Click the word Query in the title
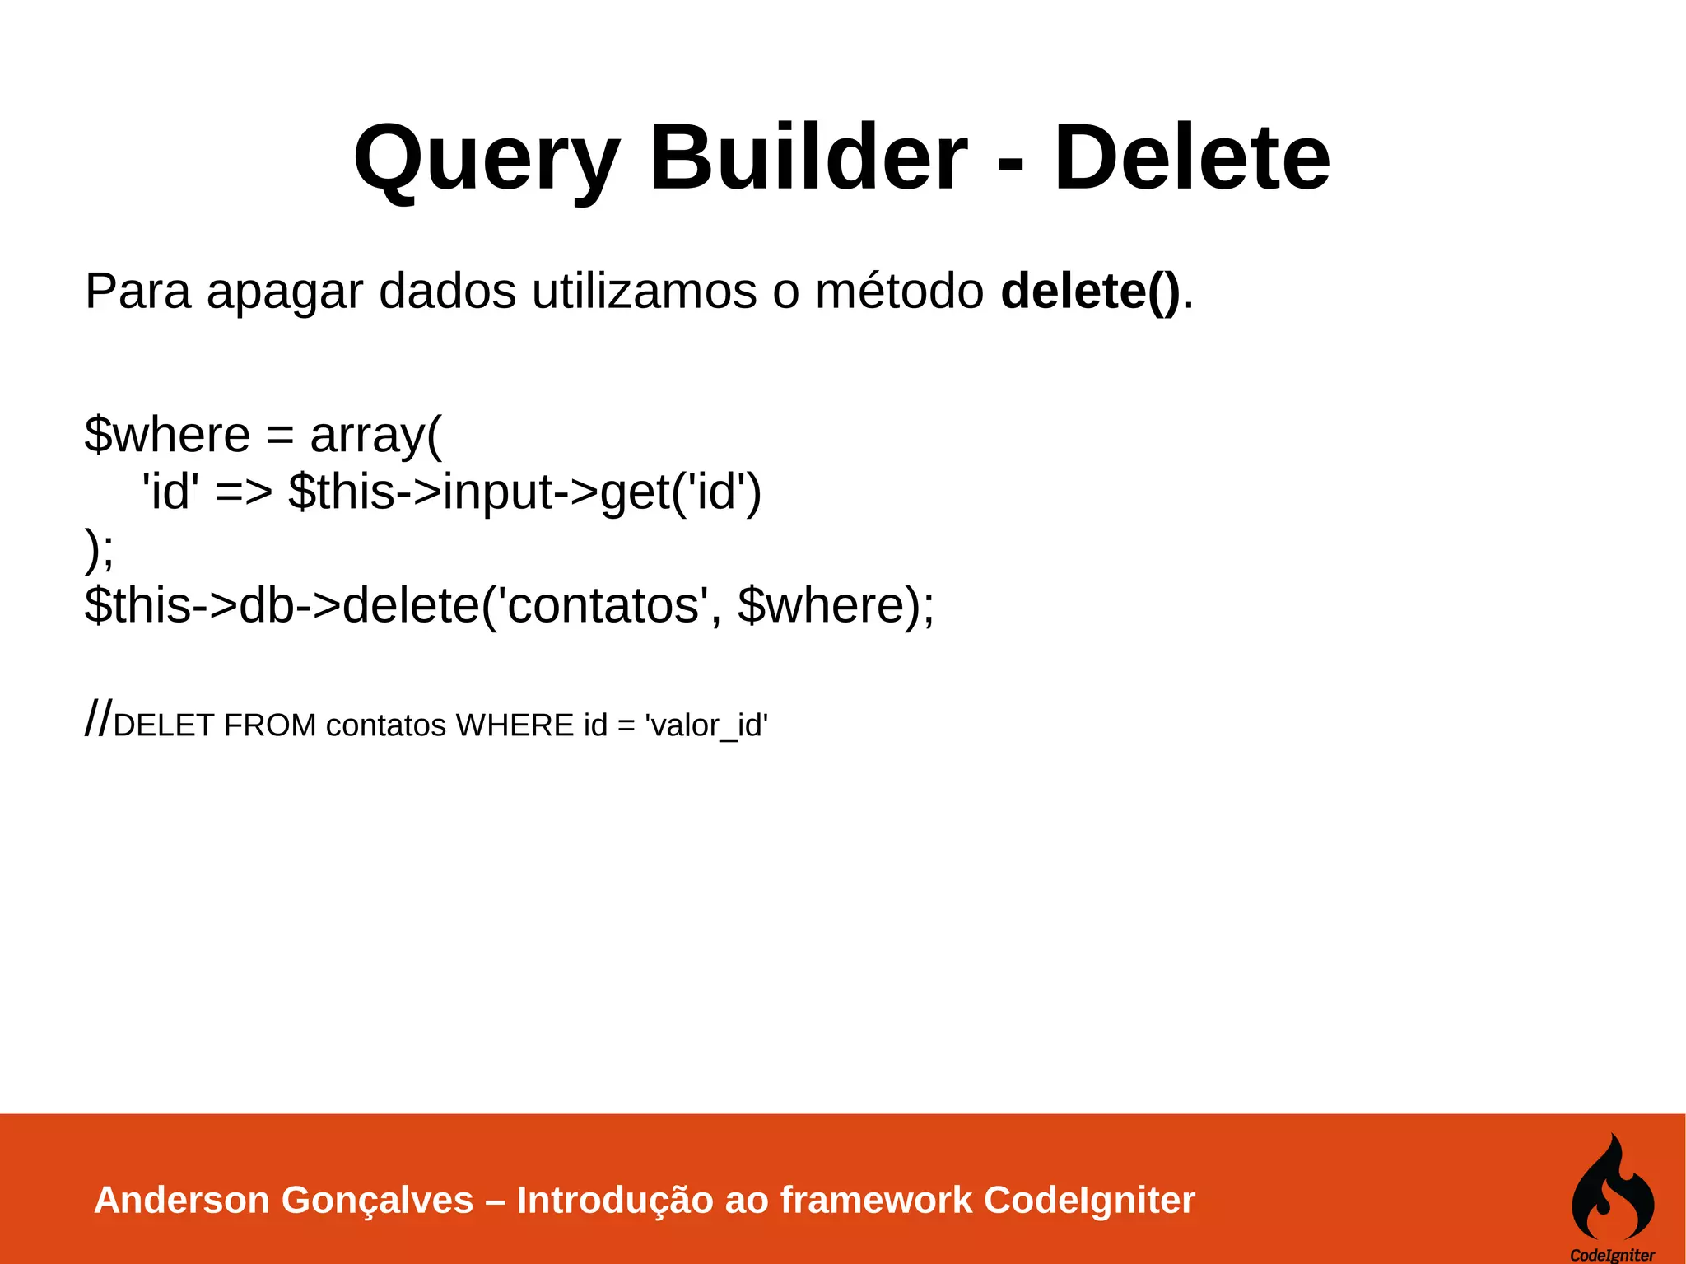[486, 158]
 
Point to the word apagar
[285, 293]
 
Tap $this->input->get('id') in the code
[525, 492]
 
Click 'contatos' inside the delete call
[605, 605]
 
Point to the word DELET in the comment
[164, 725]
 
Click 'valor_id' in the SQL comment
[706, 725]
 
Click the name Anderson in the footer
[182, 1200]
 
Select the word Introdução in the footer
[615, 1201]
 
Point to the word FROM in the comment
[270, 725]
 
